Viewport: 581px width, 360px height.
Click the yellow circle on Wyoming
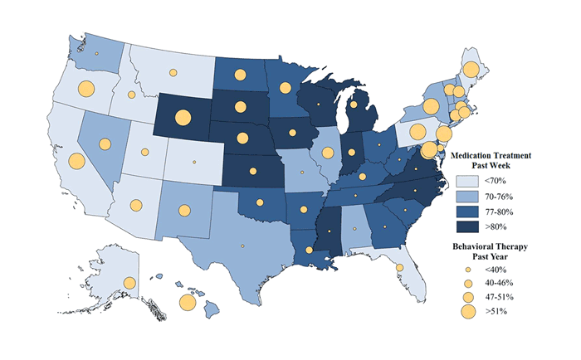(182, 117)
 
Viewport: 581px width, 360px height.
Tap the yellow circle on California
(76, 161)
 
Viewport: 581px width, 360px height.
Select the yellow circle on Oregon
(85, 89)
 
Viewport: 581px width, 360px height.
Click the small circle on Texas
(242, 246)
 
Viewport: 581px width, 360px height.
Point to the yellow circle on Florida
(399, 267)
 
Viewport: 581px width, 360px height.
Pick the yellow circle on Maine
(470, 70)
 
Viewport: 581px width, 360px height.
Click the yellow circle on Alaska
(129, 284)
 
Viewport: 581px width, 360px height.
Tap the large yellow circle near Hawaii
(188, 302)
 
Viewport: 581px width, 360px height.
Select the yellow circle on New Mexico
(183, 210)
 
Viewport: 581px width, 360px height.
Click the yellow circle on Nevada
(105, 144)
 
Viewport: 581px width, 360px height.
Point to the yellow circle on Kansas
(249, 172)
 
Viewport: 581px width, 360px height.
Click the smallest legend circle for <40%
(468, 270)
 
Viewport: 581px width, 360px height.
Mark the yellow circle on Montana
(173, 73)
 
